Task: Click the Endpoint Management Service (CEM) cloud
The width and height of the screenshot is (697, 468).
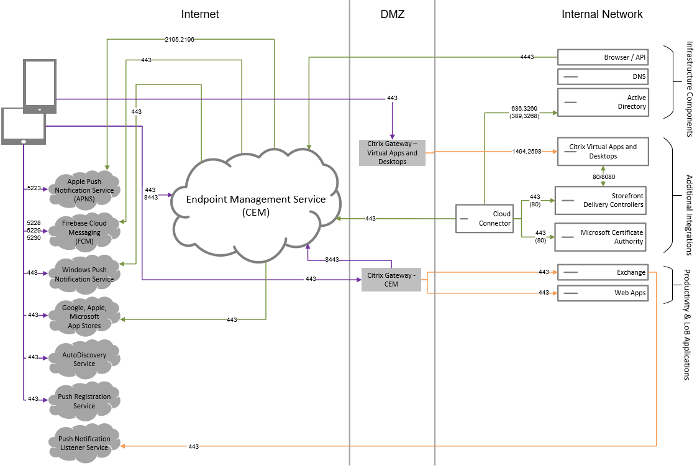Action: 257,205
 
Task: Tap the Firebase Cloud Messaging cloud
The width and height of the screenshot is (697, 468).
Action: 84,232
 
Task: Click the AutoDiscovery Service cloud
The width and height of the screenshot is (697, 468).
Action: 84,359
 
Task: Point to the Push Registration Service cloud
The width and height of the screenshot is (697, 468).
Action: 84,401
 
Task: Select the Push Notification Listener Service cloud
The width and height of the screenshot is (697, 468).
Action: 84,443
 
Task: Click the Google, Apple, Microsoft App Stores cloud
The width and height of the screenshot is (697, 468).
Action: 84,317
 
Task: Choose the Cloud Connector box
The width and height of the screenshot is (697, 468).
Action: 485,219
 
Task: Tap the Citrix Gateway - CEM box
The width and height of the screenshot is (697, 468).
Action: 391,280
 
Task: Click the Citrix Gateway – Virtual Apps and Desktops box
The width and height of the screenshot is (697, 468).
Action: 392,153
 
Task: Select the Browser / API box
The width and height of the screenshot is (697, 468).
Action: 603,57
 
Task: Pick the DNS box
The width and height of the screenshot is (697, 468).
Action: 603,77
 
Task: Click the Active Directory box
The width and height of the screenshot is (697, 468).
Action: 603,102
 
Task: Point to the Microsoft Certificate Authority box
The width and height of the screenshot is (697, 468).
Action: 601,237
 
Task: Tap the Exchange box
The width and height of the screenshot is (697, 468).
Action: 603,272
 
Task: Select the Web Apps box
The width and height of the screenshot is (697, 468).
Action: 603,293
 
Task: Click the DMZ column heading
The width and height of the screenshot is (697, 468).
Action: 392,14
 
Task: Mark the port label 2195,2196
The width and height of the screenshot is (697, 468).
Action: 180,39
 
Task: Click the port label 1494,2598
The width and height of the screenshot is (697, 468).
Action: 526,151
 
